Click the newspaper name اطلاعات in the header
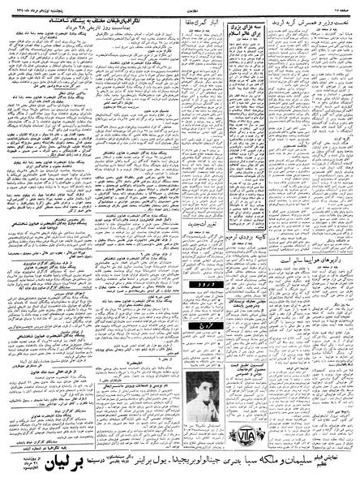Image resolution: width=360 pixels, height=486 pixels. [x=180, y=6]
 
